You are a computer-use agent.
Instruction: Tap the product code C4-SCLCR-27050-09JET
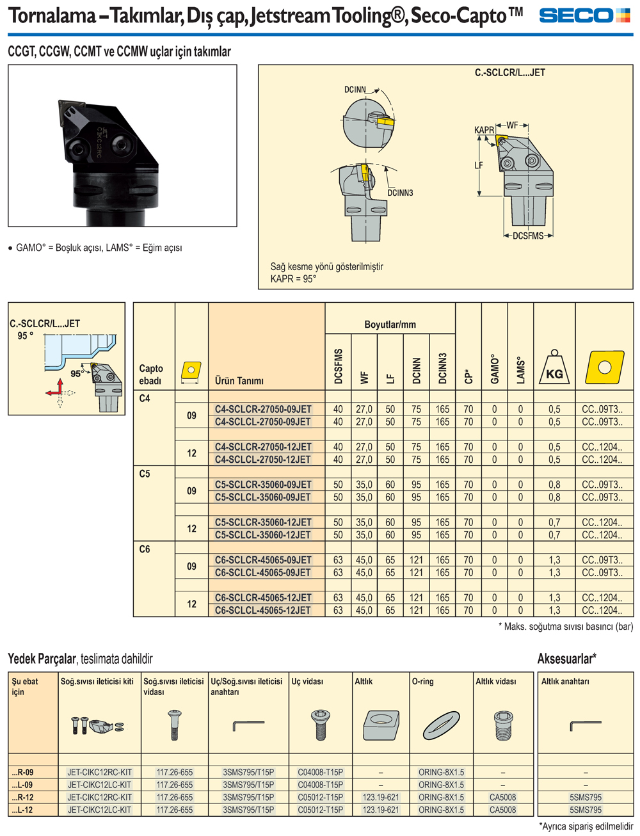tap(263, 409)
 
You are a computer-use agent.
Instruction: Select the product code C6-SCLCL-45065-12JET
tap(262, 610)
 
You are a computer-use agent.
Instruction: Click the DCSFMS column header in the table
tap(338, 366)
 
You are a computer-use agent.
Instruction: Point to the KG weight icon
tap(554, 367)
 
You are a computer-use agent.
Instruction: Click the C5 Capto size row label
tap(145, 474)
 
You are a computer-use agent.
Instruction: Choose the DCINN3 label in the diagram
tap(400, 193)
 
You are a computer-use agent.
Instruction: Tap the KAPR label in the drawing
tap(484, 130)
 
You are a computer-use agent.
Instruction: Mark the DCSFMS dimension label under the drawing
tap(528, 236)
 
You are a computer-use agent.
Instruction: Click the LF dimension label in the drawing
tap(478, 165)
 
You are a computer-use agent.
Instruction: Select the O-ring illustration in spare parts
tap(441, 725)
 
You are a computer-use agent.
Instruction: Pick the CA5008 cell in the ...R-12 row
tap(502, 797)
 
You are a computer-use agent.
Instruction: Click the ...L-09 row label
tap(22, 785)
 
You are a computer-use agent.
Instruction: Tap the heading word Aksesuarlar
tap(564, 659)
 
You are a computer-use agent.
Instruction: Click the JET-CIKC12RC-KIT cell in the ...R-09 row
tap(100, 772)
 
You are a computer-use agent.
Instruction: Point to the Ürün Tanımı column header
tap(239, 380)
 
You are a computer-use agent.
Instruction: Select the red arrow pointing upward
tap(60, 386)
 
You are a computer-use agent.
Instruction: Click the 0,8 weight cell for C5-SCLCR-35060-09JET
tap(554, 485)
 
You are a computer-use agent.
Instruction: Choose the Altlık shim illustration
tap(381, 725)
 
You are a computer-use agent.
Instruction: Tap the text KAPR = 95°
tap(293, 278)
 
